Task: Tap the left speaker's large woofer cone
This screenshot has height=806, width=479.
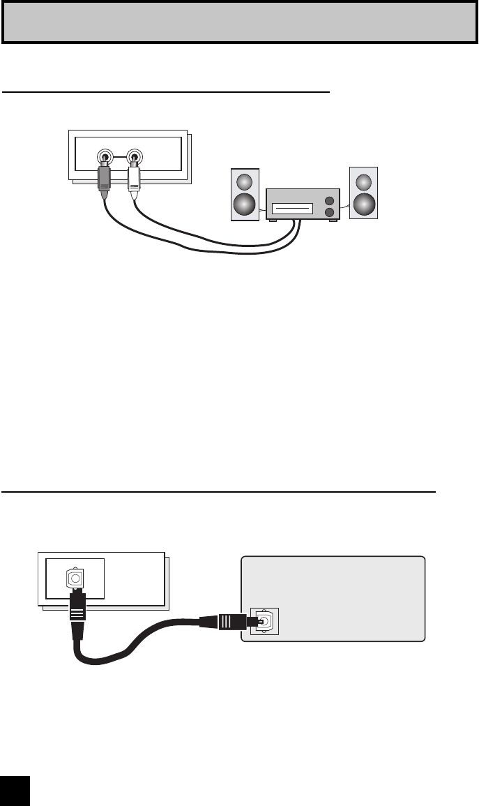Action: [x=244, y=204]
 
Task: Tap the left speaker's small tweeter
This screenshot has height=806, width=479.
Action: [x=244, y=181]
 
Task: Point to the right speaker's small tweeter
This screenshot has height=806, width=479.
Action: [x=363, y=181]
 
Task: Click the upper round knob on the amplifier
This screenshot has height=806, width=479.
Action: [x=328, y=199]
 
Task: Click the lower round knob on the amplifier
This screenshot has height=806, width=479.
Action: [x=328, y=211]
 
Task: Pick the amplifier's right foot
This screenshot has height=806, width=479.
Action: [x=335, y=221]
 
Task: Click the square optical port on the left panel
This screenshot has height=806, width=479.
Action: [x=74, y=579]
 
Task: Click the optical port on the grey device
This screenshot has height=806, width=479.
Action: [x=265, y=620]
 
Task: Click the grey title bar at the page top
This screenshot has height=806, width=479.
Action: [x=239, y=22]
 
